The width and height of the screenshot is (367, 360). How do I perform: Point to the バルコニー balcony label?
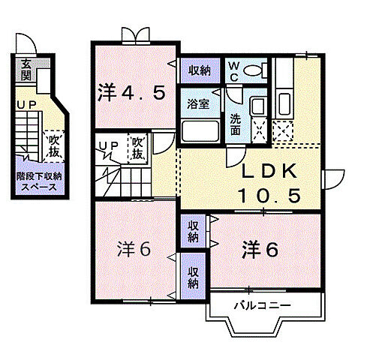260,304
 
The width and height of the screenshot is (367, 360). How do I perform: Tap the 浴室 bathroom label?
198,103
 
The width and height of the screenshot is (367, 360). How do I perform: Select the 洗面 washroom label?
235,124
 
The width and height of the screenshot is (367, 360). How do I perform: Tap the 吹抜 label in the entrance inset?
54,145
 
